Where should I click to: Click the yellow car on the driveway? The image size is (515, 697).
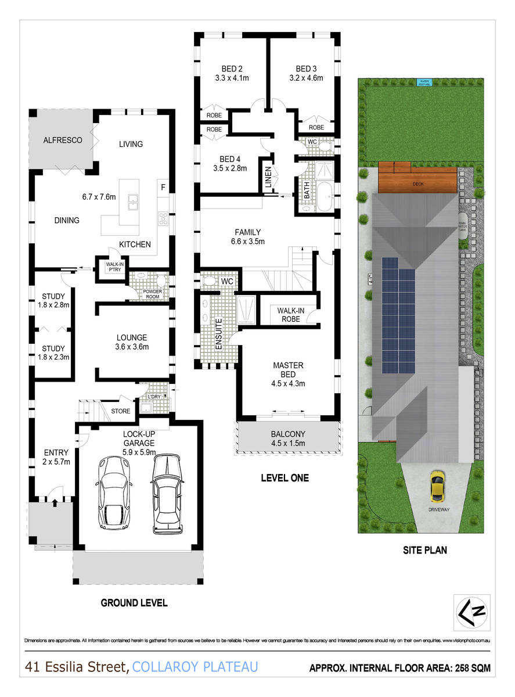point(436,486)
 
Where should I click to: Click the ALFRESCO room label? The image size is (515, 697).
point(63,140)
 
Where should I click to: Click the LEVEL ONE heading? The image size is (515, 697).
point(284,478)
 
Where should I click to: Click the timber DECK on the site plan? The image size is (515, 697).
point(417,178)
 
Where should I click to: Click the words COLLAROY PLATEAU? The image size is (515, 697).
point(195,667)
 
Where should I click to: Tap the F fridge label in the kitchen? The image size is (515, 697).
point(164,188)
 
